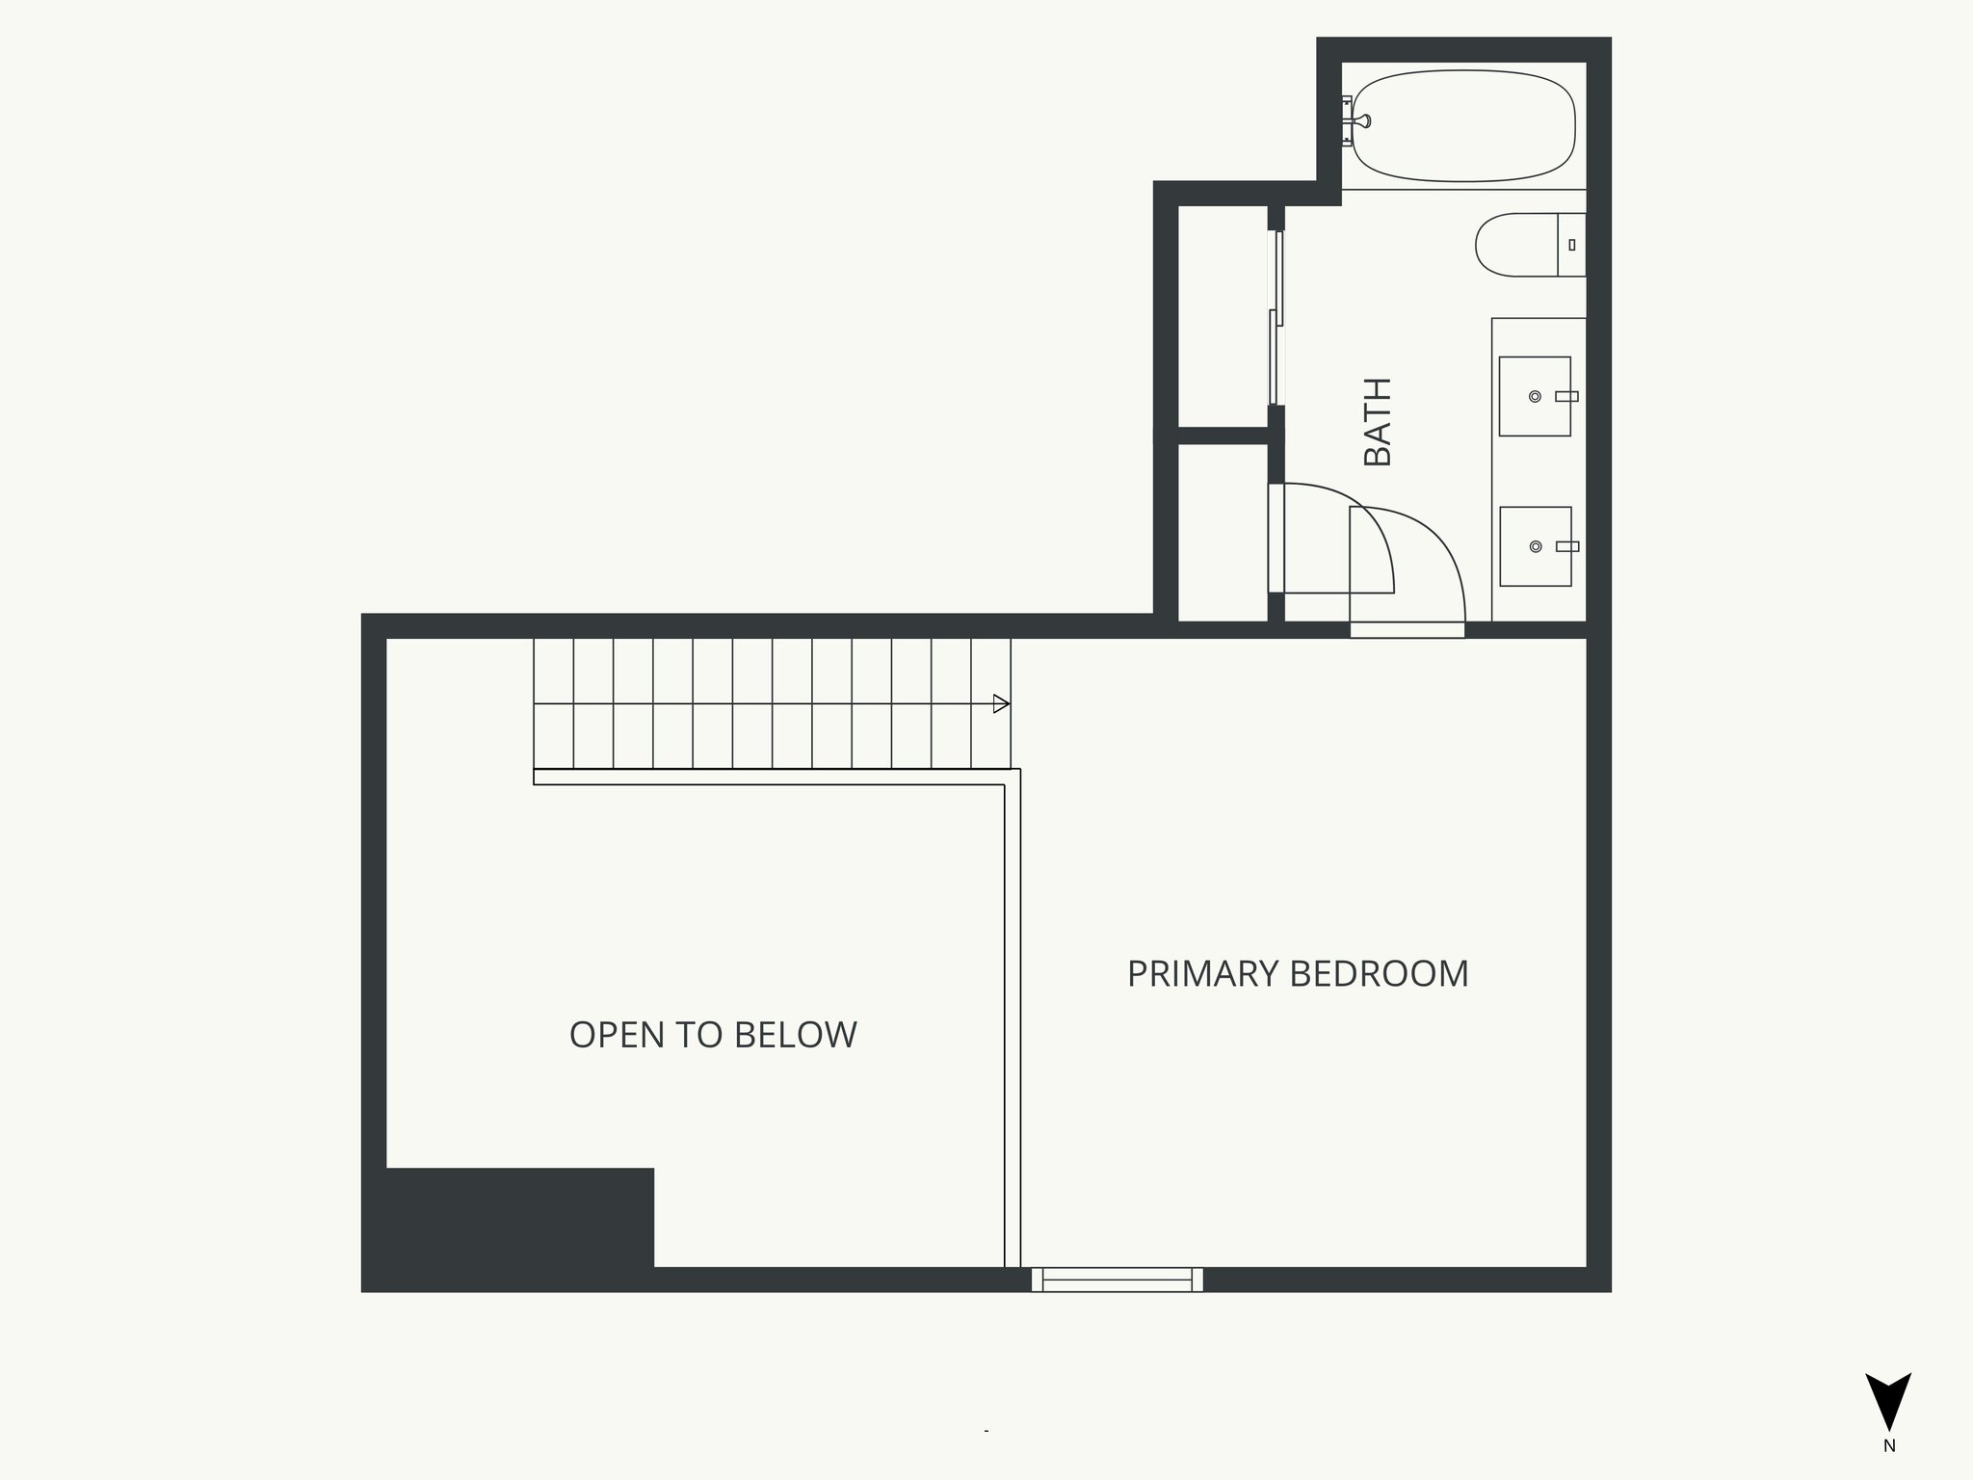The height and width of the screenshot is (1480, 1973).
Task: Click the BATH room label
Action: [1379, 422]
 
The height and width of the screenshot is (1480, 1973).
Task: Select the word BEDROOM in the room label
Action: [1380, 974]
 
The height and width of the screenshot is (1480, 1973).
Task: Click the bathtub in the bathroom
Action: [1464, 125]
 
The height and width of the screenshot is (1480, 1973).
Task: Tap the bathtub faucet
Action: [1359, 121]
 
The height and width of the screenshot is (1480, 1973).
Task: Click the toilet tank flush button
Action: [1572, 245]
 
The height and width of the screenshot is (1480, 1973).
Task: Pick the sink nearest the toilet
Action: [1535, 396]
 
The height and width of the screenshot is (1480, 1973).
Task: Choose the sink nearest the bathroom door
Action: [1535, 546]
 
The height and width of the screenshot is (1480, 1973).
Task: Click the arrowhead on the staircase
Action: [1001, 704]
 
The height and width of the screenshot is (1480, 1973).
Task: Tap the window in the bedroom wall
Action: [1118, 1280]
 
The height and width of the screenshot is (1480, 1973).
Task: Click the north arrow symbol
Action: [1888, 1401]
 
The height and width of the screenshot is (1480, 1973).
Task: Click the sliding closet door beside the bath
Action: [1276, 318]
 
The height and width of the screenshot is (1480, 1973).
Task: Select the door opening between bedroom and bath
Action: [1407, 630]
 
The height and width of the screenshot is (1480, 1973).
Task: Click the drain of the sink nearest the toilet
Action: [1536, 396]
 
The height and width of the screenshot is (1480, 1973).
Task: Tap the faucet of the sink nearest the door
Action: [1567, 546]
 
